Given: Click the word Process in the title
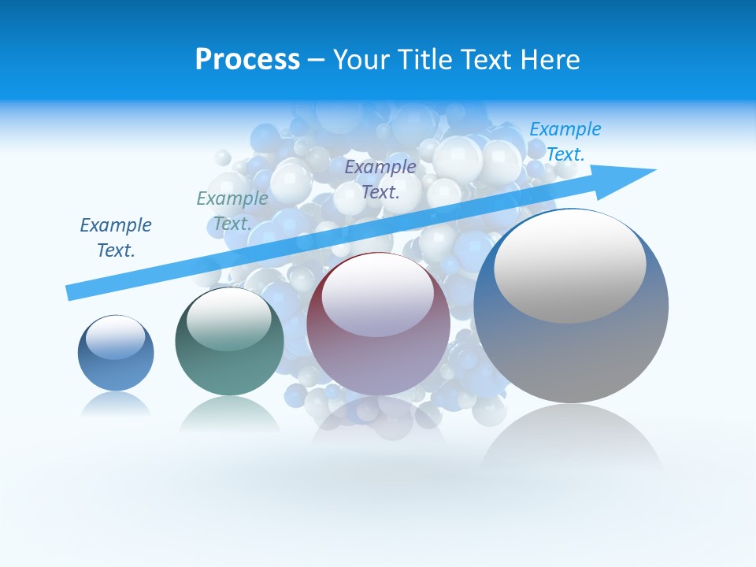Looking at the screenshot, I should point(247,60).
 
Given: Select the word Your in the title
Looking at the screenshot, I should point(360,60).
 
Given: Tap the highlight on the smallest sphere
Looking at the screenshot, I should point(116,337).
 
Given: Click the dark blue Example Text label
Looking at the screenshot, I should point(116,238).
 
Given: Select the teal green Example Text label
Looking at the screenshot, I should point(232,211).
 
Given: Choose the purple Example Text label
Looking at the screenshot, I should point(380,179).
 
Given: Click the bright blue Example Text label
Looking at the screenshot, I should point(565,141).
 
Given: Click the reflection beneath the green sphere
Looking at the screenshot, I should point(229,413).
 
